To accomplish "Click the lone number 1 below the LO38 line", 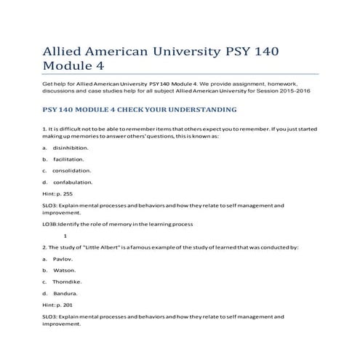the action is [x=65, y=236].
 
